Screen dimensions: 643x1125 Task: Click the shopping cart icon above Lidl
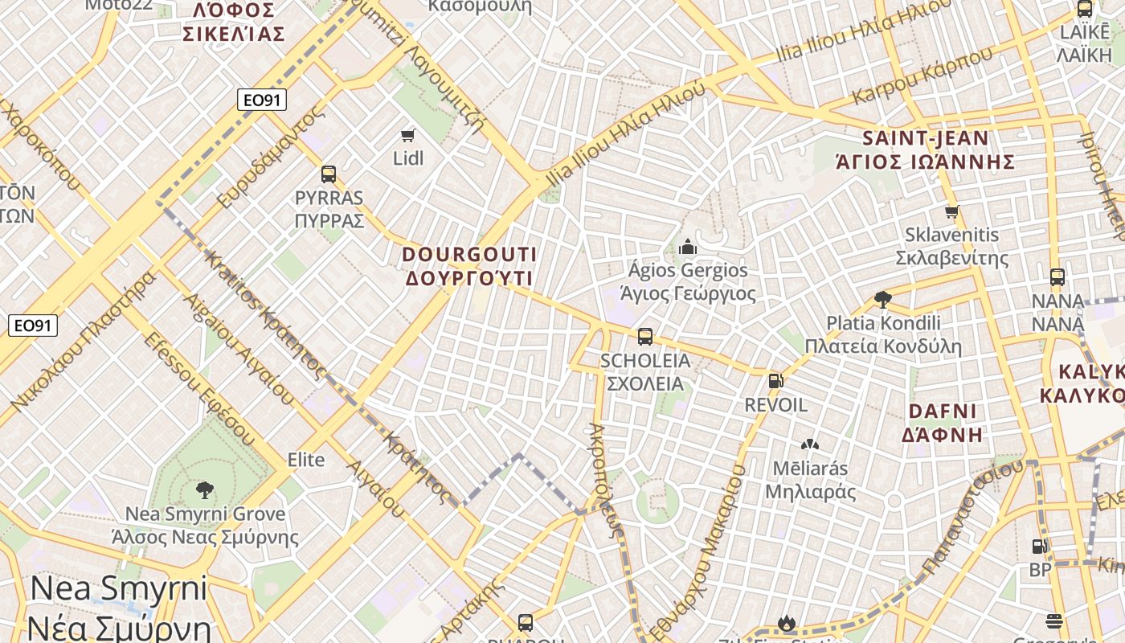coord(408,135)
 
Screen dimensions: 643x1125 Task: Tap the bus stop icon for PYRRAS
coord(328,174)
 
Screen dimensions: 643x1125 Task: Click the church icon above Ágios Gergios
coord(687,247)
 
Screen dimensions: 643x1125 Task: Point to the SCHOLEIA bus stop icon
coord(644,337)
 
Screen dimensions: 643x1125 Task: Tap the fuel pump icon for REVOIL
coord(775,381)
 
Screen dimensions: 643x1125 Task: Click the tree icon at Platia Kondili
coord(883,300)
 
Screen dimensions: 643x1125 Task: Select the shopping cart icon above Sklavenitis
coord(952,212)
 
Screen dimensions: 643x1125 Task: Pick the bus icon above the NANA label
coord(1057,277)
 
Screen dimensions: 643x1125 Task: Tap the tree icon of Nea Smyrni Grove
coord(205,489)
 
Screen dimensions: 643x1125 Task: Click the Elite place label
coord(306,460)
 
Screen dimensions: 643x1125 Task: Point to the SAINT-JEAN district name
coord(925,137)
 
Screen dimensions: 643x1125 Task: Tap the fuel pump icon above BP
coord(1039,547)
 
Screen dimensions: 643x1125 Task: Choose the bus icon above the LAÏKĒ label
coord(1084,9)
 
